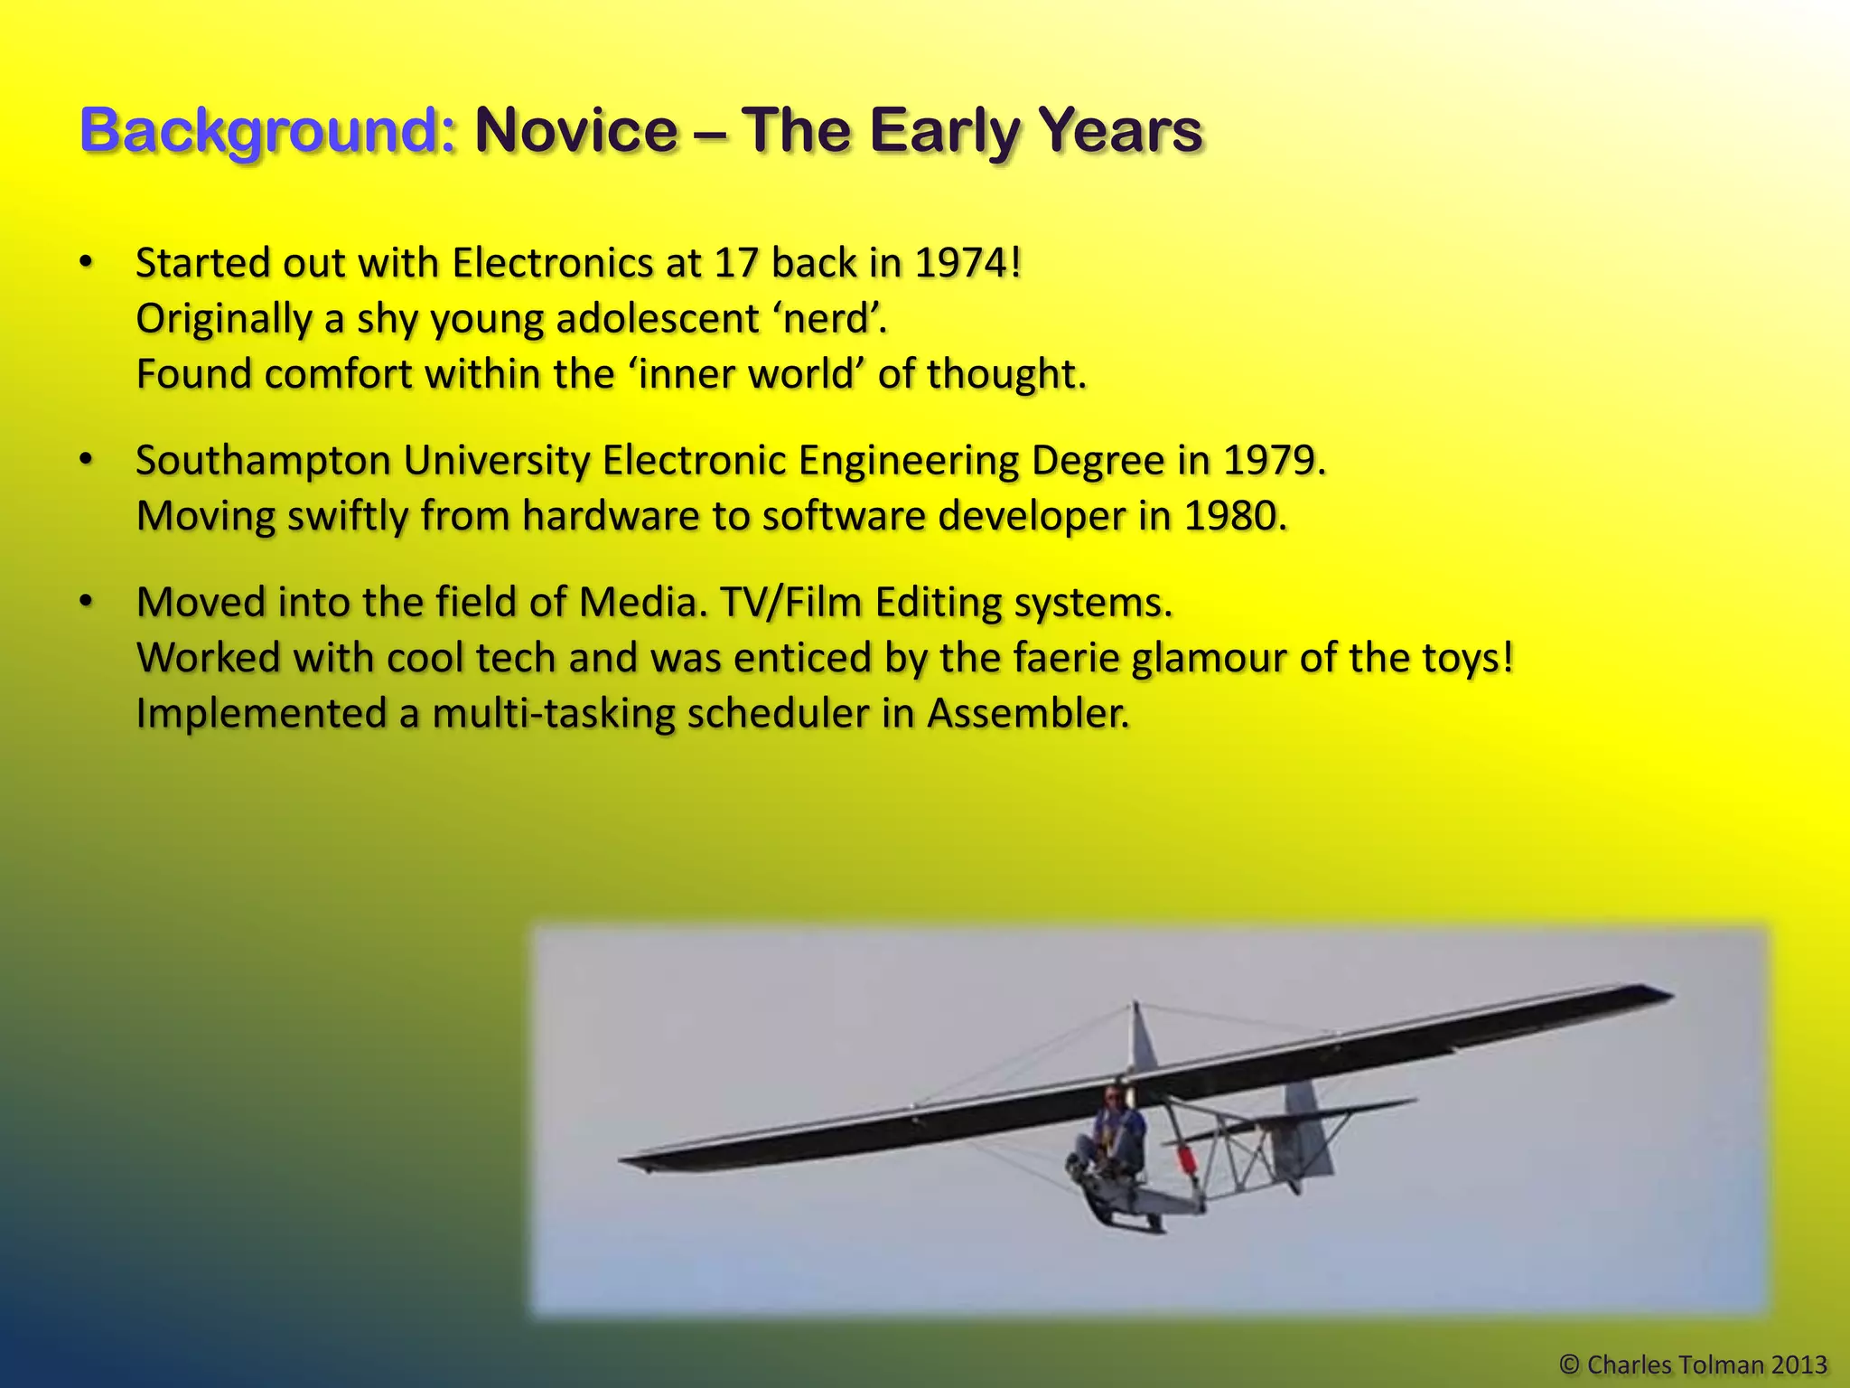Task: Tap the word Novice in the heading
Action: (x=576, y=131)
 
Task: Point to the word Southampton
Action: (x=262, y=461)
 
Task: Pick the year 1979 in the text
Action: (x=1274, y=461)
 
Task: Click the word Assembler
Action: (x=1028, y=714)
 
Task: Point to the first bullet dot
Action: (x=86, y=263)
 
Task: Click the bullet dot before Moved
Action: (x=86, y=602)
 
